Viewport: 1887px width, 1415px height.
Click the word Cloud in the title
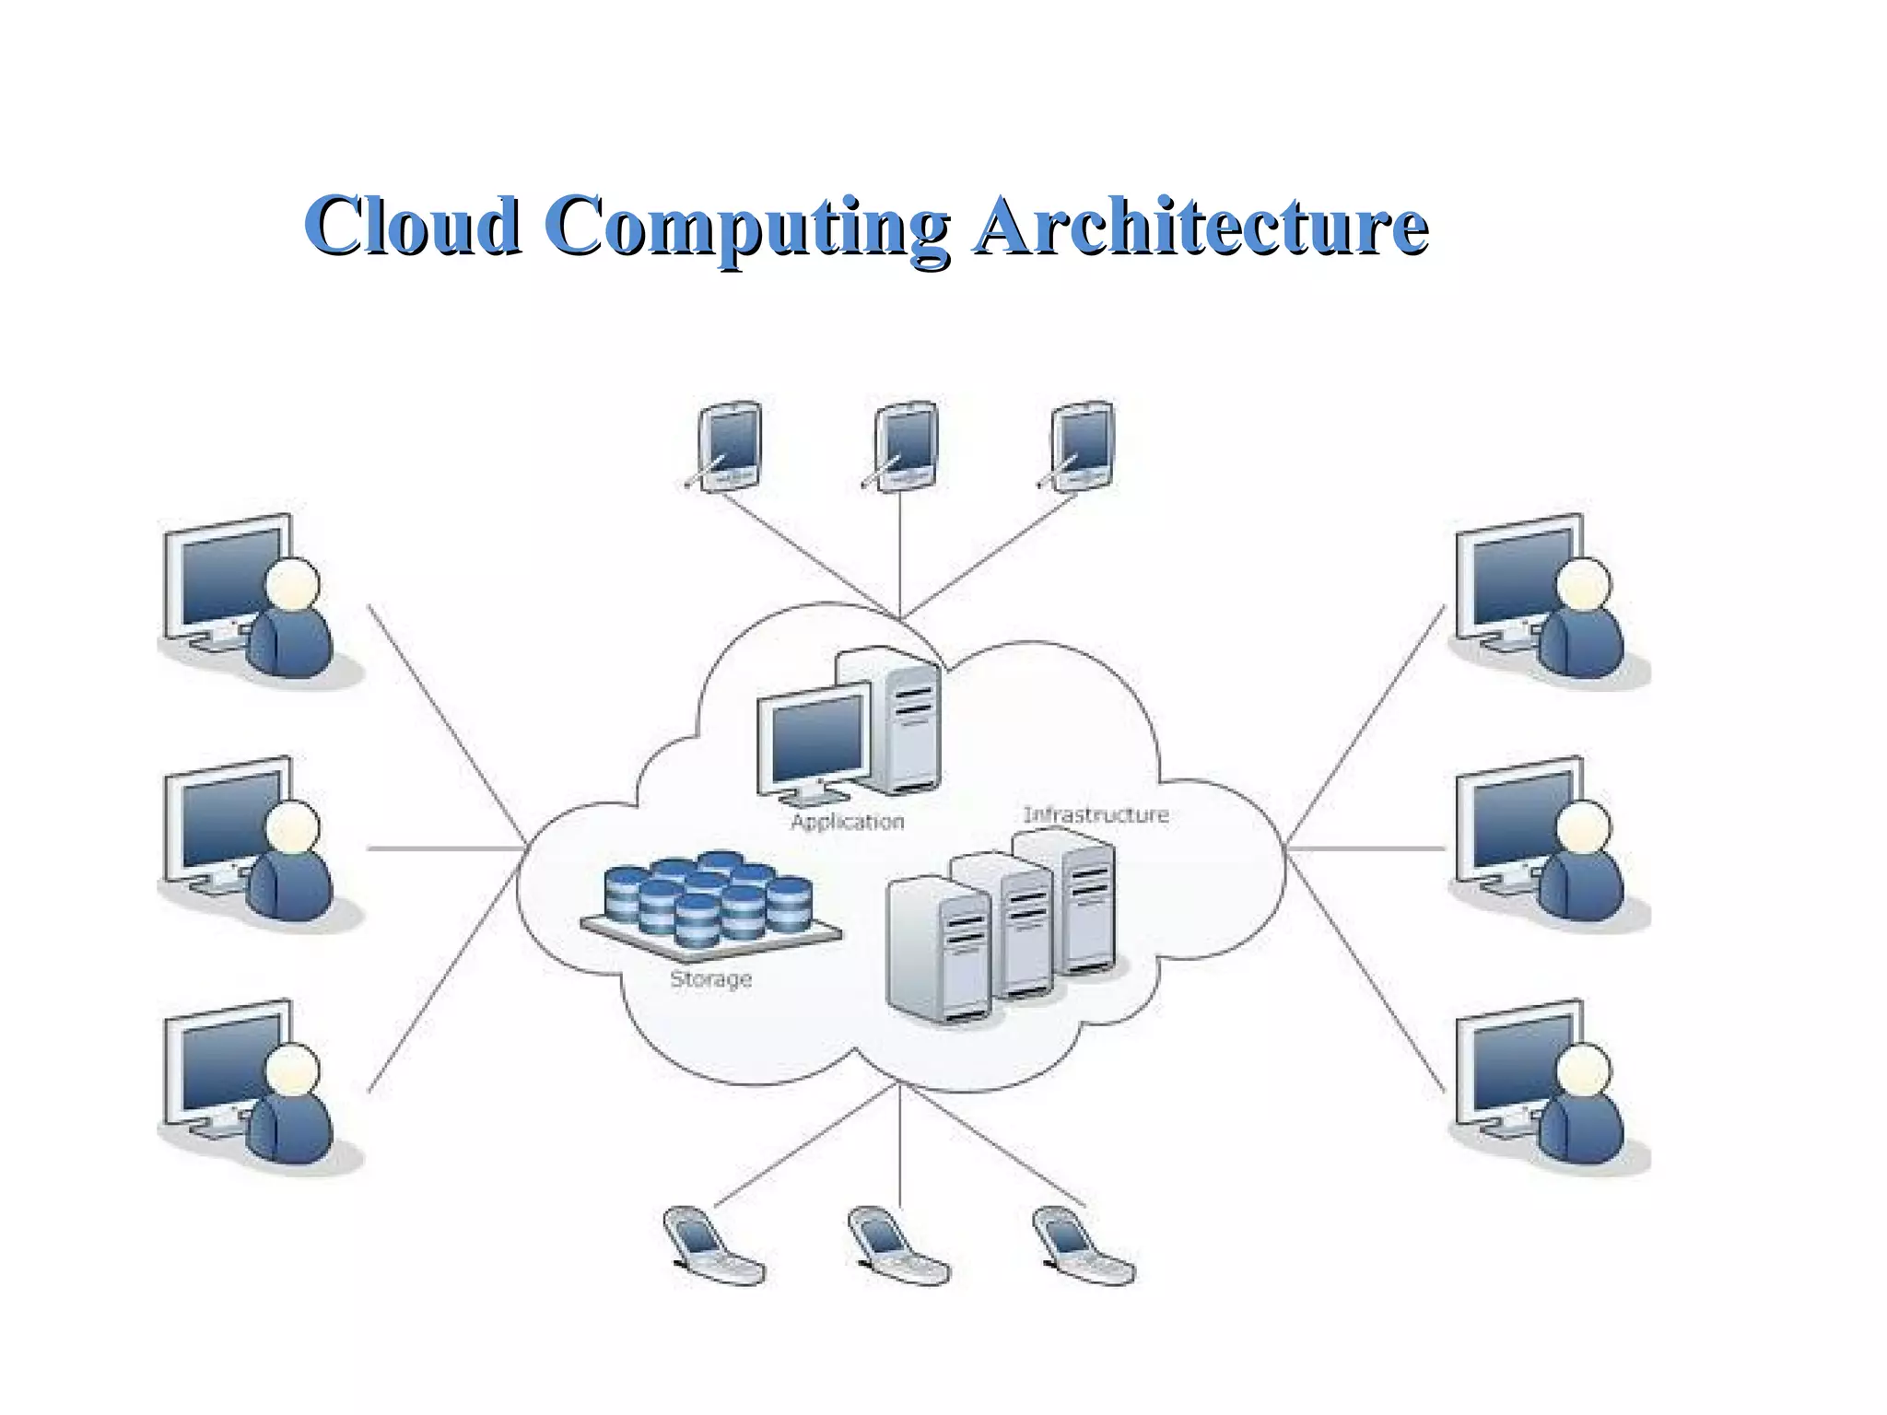pyautogui.click(x=412, y=226)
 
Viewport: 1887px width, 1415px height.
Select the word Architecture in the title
pyautogui.click(x=1201, y=226)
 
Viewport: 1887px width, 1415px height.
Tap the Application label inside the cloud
pyautogui.click(x=847, y=821)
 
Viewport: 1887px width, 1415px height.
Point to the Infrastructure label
pyautogui.click(x=1096, y=814)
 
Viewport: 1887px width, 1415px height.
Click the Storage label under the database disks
pyautogui.click(x=710, y=978)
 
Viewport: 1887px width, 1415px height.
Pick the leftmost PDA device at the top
pyautogui.click(x=728, y=446)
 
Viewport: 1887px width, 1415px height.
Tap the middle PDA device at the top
pyautogui.click(x=904, y=446)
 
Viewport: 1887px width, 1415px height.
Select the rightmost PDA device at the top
pyautogui.click(x=1080, y=446)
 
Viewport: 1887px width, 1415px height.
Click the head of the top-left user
pyautogui.click(x=293, y=584)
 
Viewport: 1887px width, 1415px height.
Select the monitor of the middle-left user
pyautogui.click(x=226, y=823)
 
